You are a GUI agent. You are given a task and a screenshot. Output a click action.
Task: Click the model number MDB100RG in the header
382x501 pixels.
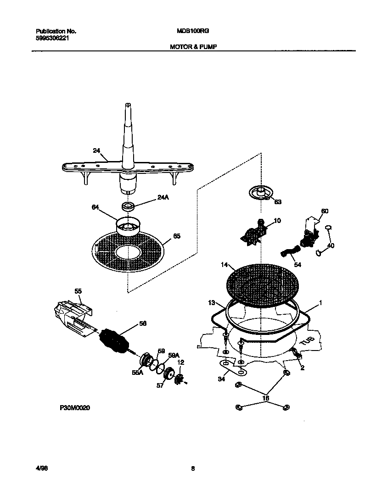(x=190, y=31)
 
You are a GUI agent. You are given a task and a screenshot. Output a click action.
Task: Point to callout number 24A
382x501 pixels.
(x=163, y=198)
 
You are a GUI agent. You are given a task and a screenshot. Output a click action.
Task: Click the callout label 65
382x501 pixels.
(x=176, y=236)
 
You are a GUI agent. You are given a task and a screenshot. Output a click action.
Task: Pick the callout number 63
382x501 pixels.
(x=277, y=201)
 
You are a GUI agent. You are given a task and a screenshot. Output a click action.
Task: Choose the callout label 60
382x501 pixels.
(x=325, y=211)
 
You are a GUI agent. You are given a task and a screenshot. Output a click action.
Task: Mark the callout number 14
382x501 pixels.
(x=224, y=265)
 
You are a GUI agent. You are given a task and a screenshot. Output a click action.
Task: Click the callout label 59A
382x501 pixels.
(x=173, y=355)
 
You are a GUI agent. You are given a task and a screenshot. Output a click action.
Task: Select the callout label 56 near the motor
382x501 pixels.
(x=143, y=324)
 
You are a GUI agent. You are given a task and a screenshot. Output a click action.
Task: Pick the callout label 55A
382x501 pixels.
(x=137, y=373)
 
